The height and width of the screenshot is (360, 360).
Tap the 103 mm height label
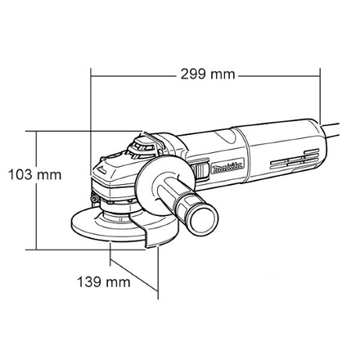click(x=34, y=175)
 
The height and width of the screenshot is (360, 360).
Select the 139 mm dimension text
click(x=104, y=282)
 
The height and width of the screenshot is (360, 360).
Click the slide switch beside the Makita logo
click(x=200, y=170)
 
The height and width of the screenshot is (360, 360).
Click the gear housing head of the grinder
click(x=115, y=172)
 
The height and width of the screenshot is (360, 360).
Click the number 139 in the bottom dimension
click(x=92, y=282)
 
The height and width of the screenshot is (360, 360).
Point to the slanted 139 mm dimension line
click(x=133, y=276)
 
